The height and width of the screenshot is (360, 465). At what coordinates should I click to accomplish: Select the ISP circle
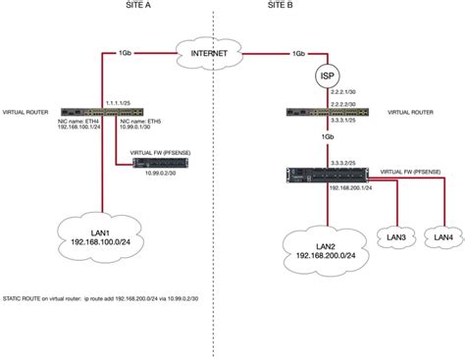tap(326, 76)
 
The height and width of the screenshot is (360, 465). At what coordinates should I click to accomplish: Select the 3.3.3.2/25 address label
tap(344, 160)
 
